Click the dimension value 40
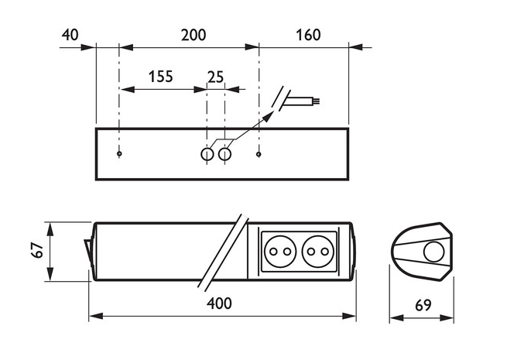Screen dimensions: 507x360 coord(70,35)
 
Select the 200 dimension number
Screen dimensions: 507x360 coord(194,35)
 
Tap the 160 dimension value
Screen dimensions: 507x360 coord(308,35)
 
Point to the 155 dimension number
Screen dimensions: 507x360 coord(161,77)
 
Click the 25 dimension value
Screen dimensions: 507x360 coord(215,77)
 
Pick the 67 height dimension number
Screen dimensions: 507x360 coord(37,250)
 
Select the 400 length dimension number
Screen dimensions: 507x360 coord(219,303)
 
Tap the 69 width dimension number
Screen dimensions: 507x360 coord(423,305)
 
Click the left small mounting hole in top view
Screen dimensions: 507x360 coord(119,153)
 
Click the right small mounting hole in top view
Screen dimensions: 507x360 coord(259,154)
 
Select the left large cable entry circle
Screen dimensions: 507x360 coord(207,154)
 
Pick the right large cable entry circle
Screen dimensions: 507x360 coord(224,154)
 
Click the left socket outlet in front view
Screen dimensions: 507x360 coord(280,252)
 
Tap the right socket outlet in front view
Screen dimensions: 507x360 coord(318,252)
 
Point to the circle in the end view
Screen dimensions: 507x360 coord(434,252)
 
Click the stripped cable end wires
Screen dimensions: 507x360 coord(317,101)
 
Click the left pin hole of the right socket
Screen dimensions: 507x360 coord(310,252)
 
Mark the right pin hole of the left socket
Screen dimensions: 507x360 coord(287,252)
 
